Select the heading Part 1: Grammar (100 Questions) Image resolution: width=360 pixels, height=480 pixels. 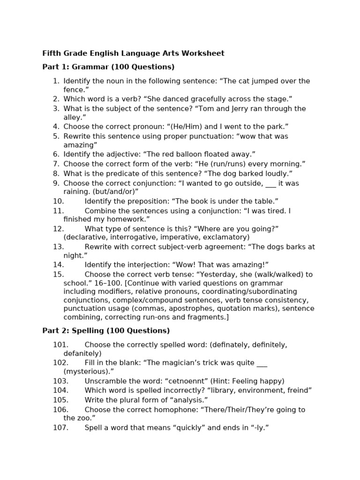pyautogui.click(x=108, y=67)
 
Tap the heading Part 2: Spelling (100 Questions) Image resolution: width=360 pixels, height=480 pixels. pyautogui.click(x=106, y=331)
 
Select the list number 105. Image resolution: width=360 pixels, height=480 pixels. pyautogui.click(x=60, y=400)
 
